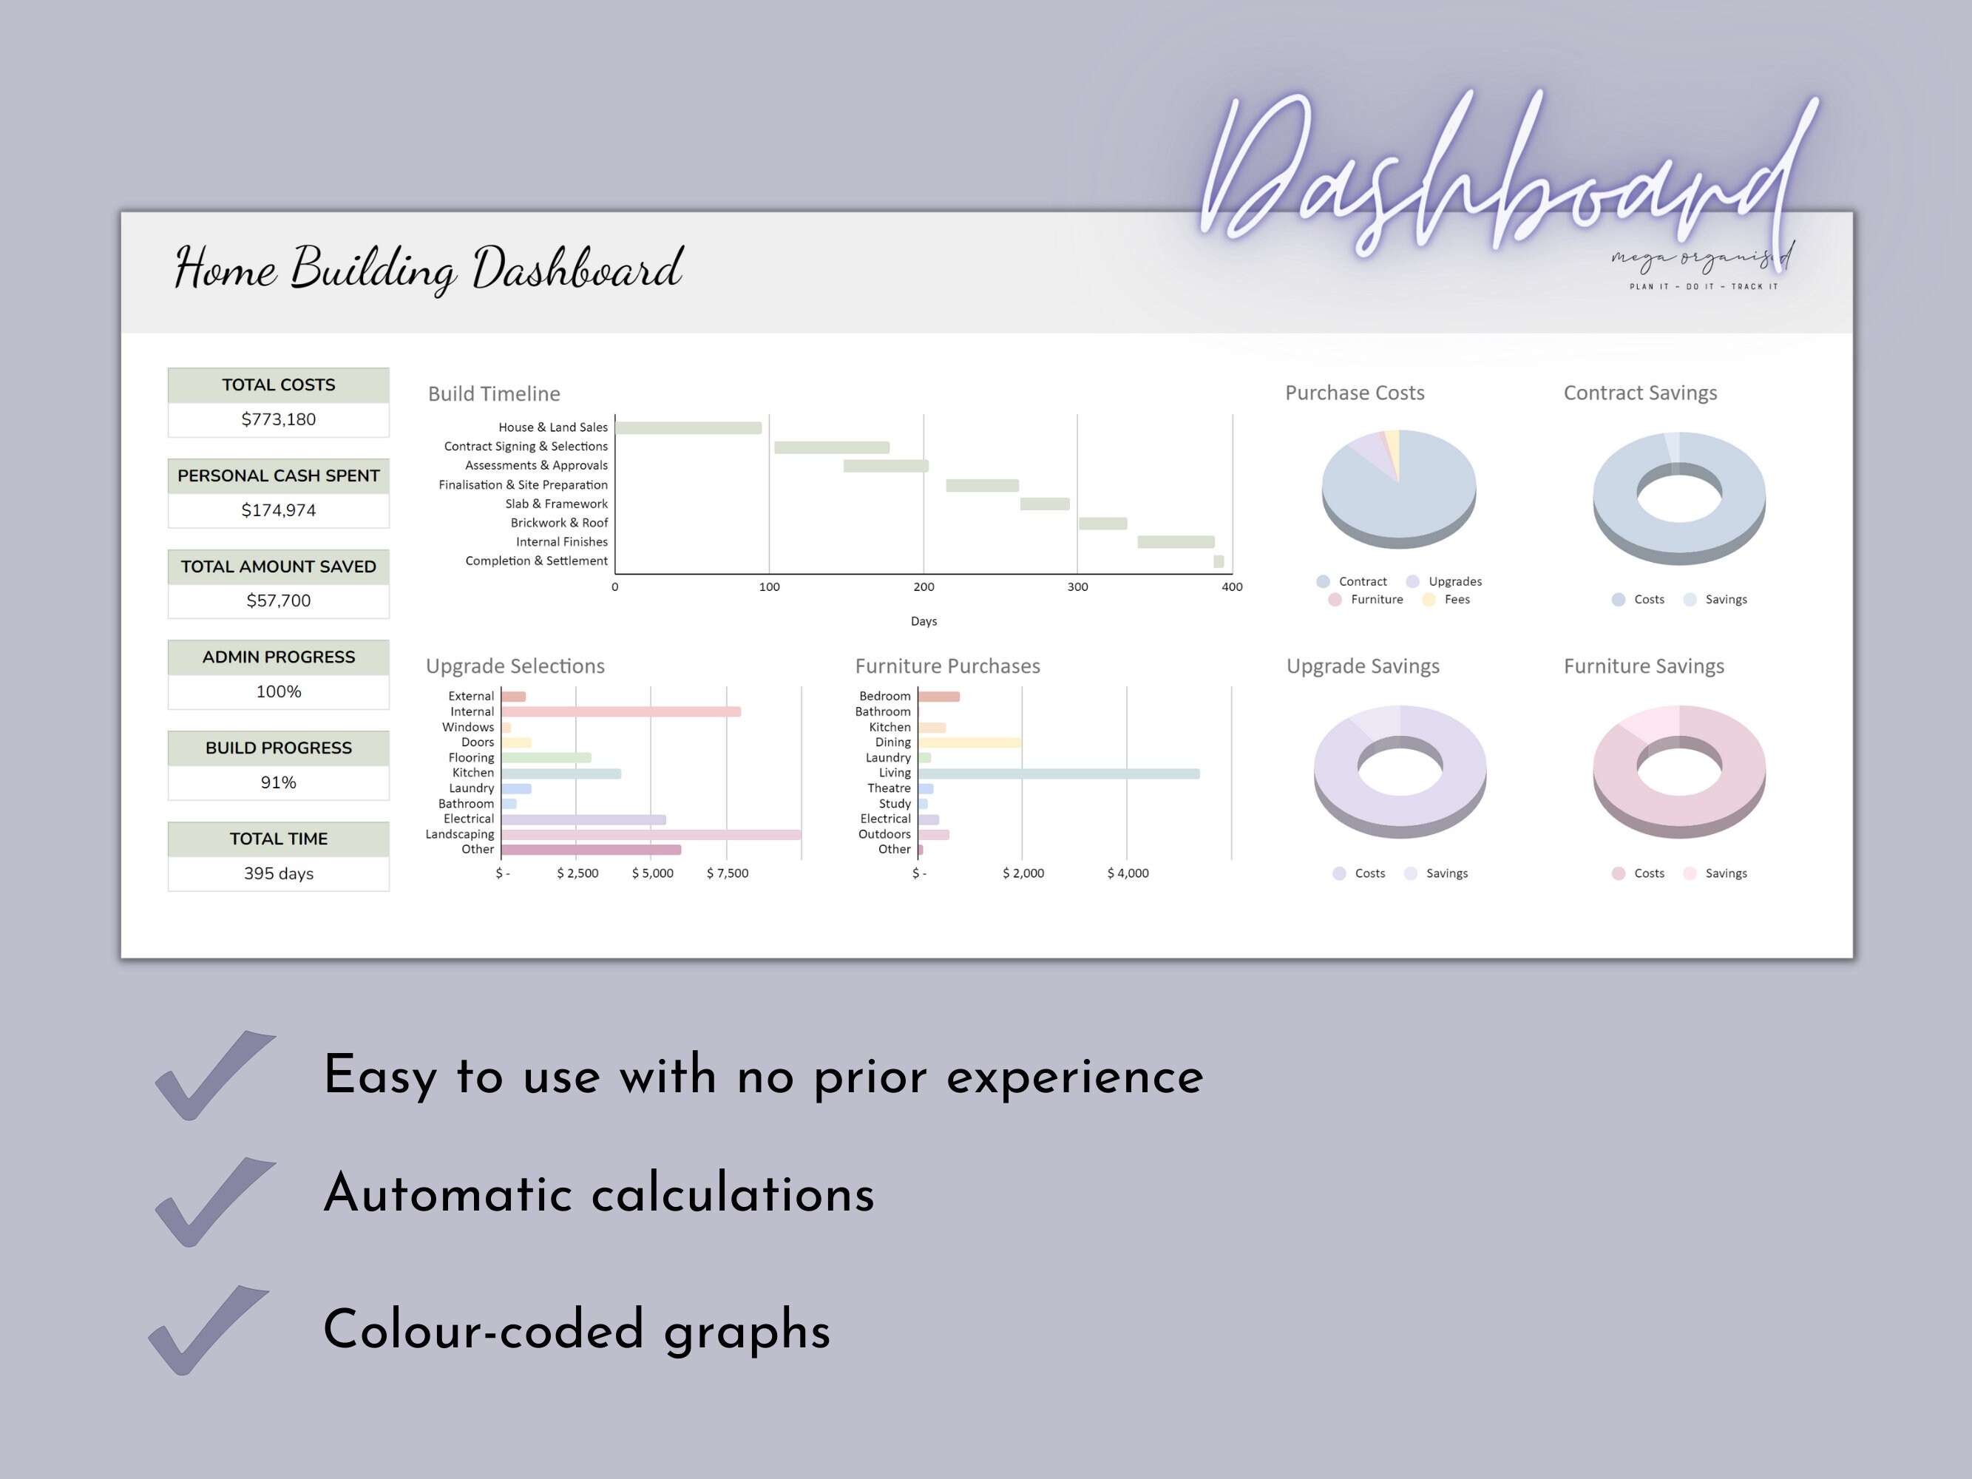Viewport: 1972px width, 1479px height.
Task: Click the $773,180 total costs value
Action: (x=278, y=419)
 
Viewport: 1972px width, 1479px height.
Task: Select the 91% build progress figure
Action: (x=278, y=782)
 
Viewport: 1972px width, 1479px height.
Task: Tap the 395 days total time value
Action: (x=278, y=873)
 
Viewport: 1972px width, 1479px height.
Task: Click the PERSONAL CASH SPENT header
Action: (x=278, y=475)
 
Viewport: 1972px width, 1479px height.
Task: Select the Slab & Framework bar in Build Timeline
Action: (x=1045, y=504)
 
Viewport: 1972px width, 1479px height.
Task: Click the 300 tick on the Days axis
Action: (x=1078, y=586)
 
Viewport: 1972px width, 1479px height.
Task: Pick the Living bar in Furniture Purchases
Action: (x=1059, y=774)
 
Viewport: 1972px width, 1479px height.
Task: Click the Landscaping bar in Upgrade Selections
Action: (x=651, y=834)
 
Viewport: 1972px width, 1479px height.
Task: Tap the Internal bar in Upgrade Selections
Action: (x=621, y=711)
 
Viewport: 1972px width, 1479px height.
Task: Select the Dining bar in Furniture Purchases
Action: (x=970, y=742)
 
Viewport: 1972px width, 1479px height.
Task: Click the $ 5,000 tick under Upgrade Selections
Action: (x=653, y=873)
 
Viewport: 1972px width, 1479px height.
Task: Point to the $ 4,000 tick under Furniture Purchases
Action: (x=1128, y=873)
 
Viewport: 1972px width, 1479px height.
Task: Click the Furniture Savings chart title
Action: (x=1644, y=666)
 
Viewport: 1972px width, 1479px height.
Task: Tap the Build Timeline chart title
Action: (x=494, y=394)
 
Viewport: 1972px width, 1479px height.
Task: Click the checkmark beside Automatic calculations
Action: (x=214, y=1201)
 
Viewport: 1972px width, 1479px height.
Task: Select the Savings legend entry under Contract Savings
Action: (x=1715, y=599)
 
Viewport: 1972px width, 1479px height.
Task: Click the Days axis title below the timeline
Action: (x=924, y=621)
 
